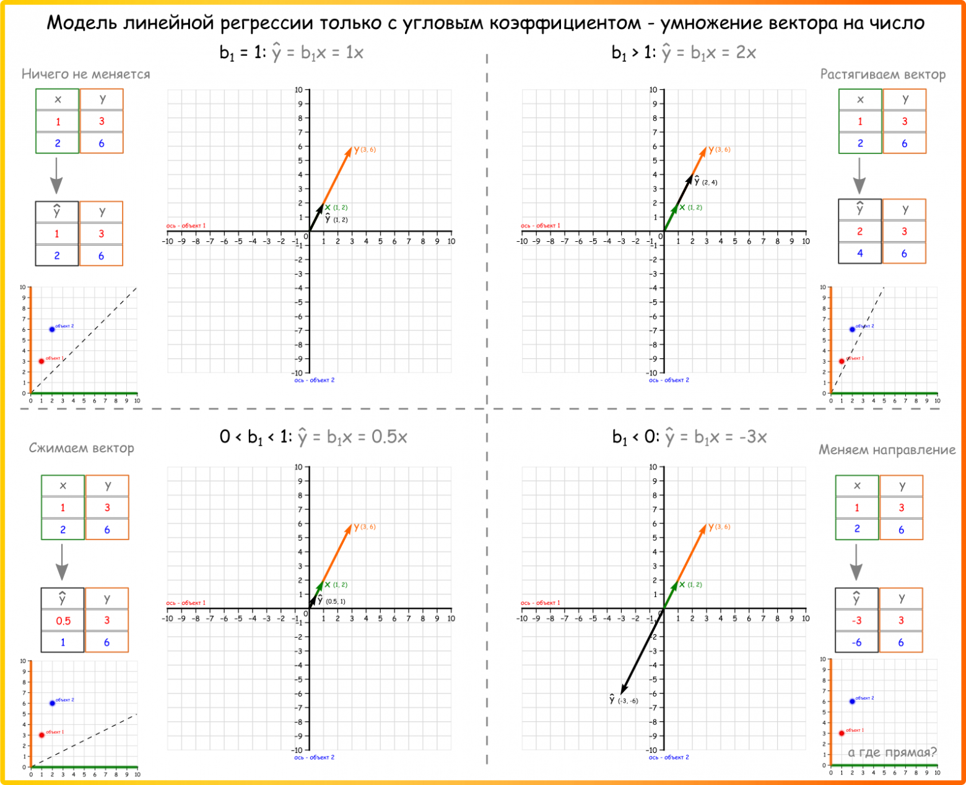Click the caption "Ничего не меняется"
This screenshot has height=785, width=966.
click(85, 74)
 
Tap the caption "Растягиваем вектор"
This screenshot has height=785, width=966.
click(882, 75)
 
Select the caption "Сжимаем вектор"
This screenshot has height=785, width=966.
click(81, 448)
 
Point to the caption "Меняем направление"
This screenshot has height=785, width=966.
click(887, 450)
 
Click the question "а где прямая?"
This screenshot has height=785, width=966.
click(892, 752)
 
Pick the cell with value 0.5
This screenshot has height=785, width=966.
click(63, 620)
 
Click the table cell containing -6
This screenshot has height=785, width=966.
click(856, 642)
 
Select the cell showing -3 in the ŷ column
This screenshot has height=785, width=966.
click(856, 620)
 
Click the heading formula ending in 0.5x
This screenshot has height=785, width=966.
click(313, 437)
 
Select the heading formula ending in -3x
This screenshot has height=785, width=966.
click(689, 437)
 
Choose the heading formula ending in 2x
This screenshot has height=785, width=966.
click(684, 53)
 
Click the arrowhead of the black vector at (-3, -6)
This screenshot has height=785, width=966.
click(623, 691)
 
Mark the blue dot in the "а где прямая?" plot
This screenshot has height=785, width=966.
click(852, 701)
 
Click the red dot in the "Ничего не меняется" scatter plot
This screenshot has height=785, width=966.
click(41, 361)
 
